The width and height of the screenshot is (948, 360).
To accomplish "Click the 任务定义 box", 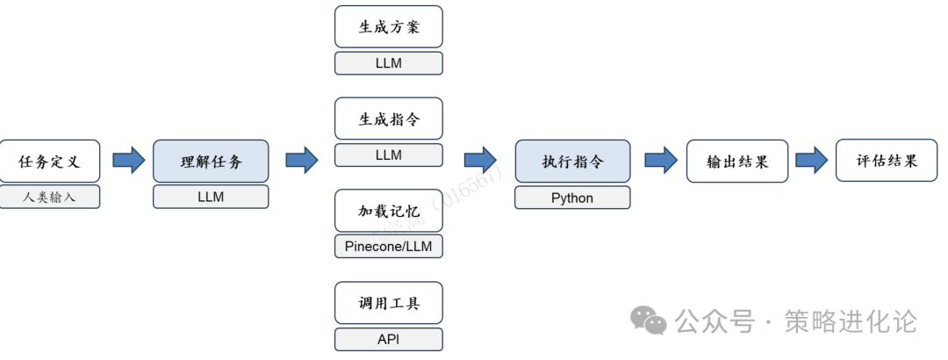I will [49, 162].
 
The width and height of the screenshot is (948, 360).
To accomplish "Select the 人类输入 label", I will [49, 198].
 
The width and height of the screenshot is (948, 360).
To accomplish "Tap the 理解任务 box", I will [211, 162].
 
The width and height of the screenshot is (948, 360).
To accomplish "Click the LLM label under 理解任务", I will [211, 198].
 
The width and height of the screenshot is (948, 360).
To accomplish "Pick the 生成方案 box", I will [388, 26].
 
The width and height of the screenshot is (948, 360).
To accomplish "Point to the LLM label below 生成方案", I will [388, 63].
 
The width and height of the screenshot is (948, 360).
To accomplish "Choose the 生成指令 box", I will [388, 119].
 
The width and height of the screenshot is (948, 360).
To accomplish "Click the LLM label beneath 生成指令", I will [388, 155].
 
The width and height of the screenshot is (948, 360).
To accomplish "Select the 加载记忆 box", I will [388, 211].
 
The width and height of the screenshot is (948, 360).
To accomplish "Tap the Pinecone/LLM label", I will [388, 247].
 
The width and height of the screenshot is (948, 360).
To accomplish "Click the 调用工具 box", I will [388, 303].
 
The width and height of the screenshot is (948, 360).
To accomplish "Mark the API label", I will [388, 340].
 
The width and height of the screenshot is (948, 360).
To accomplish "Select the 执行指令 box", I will [572, 162].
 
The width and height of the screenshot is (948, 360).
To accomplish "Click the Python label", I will [572, 198].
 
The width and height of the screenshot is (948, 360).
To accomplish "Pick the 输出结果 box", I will [737, 162].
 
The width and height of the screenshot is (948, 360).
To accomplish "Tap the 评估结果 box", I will [887, 161].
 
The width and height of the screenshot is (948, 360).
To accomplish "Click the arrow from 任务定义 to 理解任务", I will [128, 161].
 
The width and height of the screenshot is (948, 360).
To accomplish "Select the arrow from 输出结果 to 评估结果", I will [812, 160].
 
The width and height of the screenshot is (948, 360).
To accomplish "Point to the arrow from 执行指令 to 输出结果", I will [660, 160].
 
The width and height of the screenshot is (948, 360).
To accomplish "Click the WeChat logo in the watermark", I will [650, 320].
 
